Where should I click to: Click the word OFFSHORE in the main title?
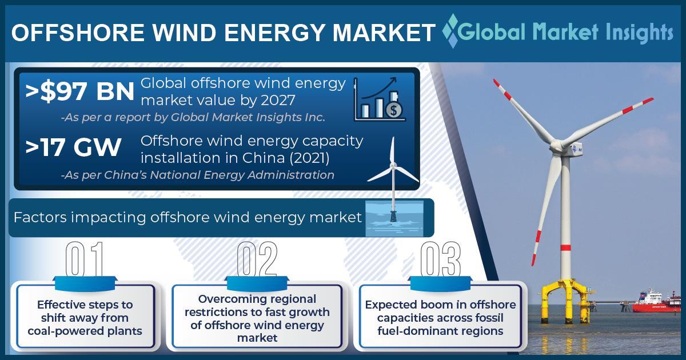point(78,33)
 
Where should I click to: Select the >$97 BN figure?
point(80,91)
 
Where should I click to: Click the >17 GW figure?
point(74,147)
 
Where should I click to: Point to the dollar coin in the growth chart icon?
point(394,110)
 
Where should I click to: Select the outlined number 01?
point(85,259)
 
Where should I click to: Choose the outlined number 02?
point(257,259)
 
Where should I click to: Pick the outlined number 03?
point(440,259)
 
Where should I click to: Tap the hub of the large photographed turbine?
point(557,146)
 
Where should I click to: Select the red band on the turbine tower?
point(565,247)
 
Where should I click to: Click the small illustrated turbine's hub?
point(393,166)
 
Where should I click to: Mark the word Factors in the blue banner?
point(40,217)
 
